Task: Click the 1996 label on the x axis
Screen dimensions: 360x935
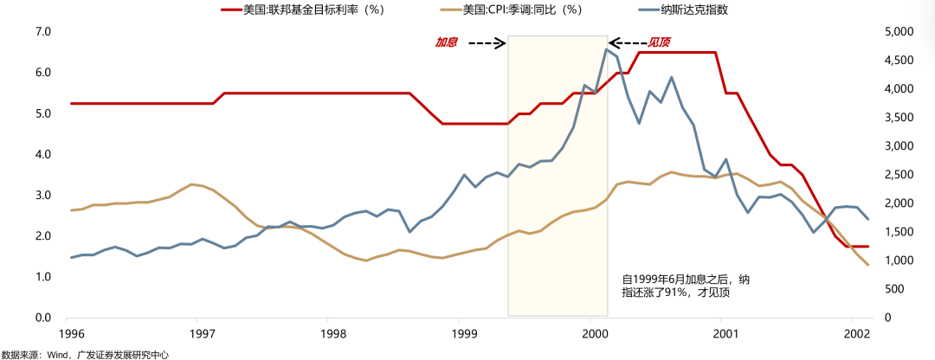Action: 71,334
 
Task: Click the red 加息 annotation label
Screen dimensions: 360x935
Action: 446,42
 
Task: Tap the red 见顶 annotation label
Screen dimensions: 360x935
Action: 661,42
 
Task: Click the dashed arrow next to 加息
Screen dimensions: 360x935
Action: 487,42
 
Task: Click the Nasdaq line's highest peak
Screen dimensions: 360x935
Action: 606,49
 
